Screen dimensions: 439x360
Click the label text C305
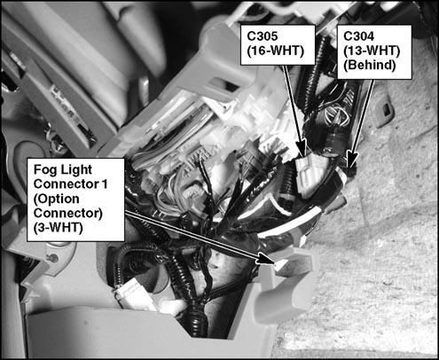pos(263,36)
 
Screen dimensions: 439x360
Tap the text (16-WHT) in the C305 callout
pos(275,51)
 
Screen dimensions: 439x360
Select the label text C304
pos(358,36)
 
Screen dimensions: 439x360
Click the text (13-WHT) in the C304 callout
pos(372,51)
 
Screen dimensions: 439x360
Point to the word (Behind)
pos(370,65)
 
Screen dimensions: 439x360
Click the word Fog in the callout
pos(43,170)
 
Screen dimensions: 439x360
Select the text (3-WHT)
pos(58,228)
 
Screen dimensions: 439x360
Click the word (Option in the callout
pos(57,199)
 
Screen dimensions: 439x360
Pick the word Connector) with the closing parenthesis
pos(68,213)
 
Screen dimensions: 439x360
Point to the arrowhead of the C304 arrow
pos(351,159)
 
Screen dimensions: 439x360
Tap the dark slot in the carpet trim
pos(387,110)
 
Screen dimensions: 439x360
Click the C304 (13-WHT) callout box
pos(374,52)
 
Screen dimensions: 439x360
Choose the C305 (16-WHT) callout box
pos(278,45)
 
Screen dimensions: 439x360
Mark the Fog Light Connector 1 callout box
pos(75,200)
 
